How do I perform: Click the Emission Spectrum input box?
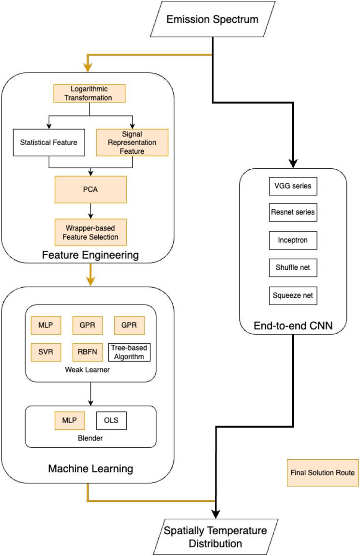point(212,20)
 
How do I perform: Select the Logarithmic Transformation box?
point(90,93)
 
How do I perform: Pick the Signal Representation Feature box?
point(132,142)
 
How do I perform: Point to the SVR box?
point(46,352)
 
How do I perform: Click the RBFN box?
point(88,352)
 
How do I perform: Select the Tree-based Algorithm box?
point(129,352)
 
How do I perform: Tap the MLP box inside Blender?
point(70,421)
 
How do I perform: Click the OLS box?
point(111,421)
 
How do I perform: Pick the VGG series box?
point(293,186)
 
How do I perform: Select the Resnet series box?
point(293,212)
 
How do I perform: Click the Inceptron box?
point(293,240)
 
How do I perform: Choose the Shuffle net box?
point(293,268)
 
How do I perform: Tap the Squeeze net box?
point(293,295)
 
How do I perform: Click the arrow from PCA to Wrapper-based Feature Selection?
point(90,211)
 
